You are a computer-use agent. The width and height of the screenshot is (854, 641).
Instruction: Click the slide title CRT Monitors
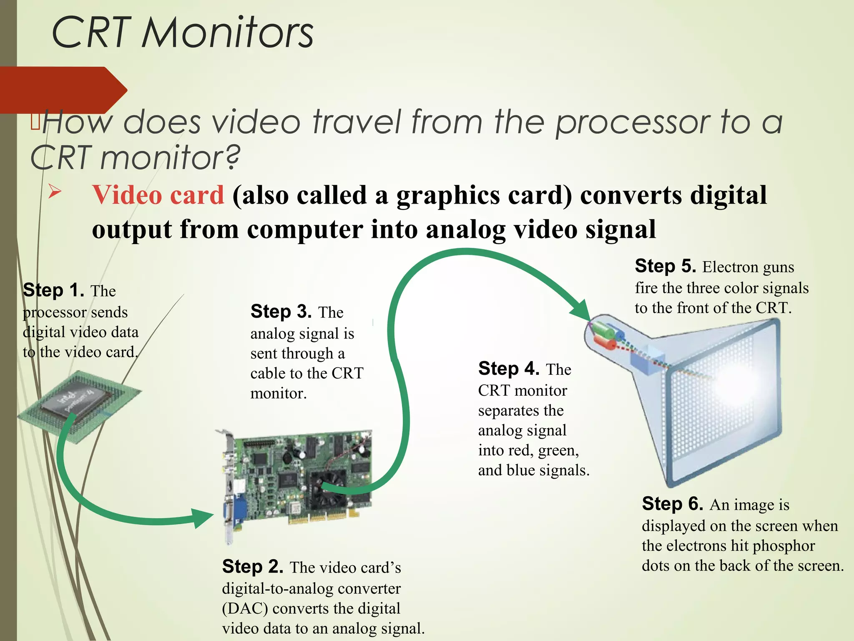click(x=182, y=33)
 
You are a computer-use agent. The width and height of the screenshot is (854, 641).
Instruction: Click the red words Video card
click(x=158, y=195)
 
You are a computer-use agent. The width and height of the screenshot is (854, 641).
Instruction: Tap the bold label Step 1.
click(x=53, y=290)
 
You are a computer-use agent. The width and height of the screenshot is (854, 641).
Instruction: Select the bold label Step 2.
click(x=252, y=567)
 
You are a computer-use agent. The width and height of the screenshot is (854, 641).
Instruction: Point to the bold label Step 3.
click(x=281, y=311)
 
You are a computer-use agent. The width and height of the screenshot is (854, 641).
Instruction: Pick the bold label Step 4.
click(x=509, y=368)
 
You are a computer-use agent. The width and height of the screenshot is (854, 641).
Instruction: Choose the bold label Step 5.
click(x=665, y=266)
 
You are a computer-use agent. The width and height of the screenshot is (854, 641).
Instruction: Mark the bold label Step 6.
click(x=672, y=504)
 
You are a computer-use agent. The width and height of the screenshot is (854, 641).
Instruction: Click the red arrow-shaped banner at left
click(x=63, y=89)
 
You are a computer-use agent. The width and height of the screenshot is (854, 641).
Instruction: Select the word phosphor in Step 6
click(x=784, y=545)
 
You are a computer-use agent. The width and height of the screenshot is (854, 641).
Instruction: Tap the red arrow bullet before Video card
click(x=55, y=192)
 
